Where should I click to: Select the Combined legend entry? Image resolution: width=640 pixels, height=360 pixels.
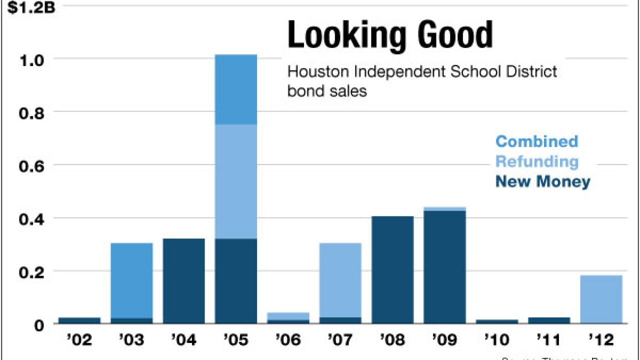pos(536,141)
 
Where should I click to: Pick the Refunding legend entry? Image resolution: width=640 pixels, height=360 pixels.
pos(536,162)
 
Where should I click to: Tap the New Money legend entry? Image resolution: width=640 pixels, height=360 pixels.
pos(542,181)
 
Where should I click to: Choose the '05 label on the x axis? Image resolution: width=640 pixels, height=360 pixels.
pos(235,340)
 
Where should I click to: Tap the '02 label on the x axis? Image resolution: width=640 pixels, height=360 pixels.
pos(79,340)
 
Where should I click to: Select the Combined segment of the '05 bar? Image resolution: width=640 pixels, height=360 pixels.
pos(235,89)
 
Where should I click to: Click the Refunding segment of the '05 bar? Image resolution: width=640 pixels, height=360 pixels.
pos(235,181)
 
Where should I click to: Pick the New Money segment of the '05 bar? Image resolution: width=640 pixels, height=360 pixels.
pos(235,281)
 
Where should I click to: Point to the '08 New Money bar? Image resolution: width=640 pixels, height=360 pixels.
pos(392,270)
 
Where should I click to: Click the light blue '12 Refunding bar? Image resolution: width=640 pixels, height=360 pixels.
pos(601,299)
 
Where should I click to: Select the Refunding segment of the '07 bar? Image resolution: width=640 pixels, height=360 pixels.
pos(340,280)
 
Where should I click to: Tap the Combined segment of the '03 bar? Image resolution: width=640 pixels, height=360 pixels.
pos(131,280)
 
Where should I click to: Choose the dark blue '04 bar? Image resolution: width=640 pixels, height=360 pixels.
pos(183,281)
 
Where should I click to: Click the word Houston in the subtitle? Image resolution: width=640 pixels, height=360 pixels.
pos(318,72)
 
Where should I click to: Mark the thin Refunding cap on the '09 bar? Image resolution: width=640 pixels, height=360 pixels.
pos(444,208)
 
